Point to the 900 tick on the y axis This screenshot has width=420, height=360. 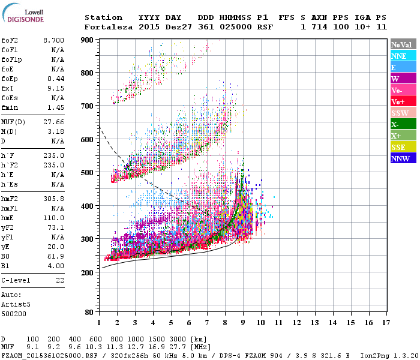88,40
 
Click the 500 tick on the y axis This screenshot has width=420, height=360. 88,173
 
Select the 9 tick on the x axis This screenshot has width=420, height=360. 243,323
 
